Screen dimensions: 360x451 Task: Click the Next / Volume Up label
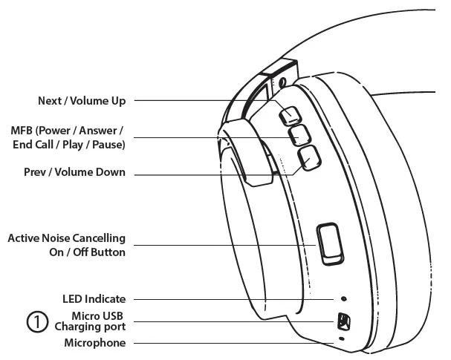[81, 101]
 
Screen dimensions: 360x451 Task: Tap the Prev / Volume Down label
[75, 173]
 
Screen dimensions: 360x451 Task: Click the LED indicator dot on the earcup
[343, 299]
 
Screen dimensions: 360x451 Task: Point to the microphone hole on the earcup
[342, 338]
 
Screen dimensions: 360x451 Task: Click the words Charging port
[89, 327]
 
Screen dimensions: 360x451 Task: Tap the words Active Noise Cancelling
[66, 238]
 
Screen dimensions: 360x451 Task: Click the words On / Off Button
[82, 252]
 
